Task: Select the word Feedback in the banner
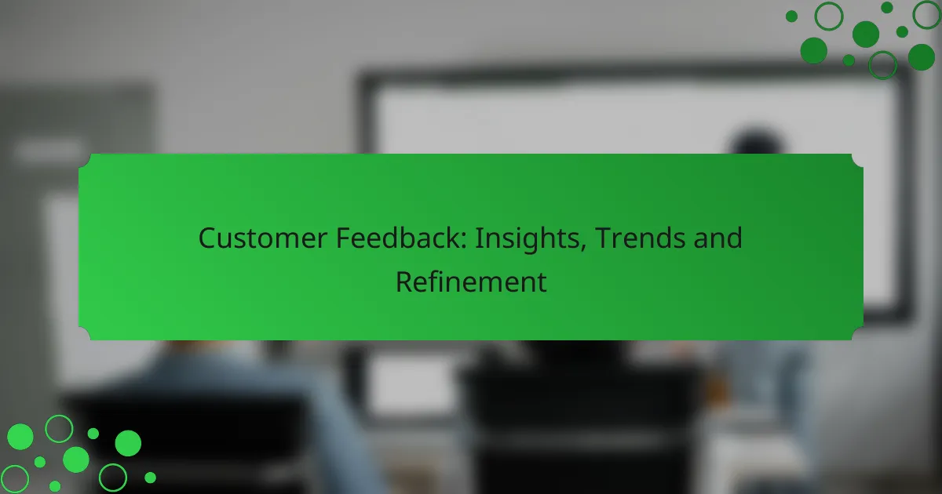tap(398, 238)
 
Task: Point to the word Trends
tap(640, 238)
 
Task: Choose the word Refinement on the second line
tap(471, 282)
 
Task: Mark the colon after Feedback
tap(464, 242)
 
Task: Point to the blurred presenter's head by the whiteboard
tap(757, 140)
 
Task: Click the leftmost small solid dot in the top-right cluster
tap(791, 16)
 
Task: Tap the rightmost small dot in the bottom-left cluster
tap(150, 478)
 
